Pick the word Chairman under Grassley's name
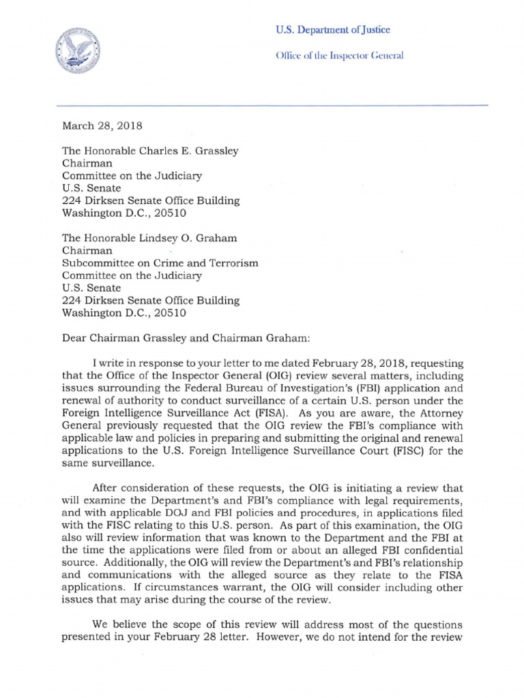[85, 164]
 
